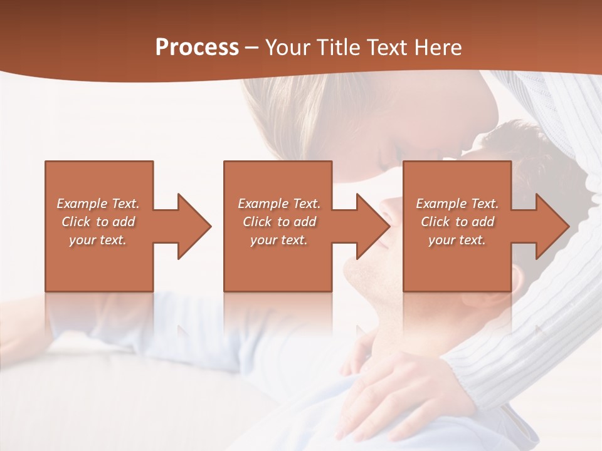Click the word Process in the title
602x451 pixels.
[197, 47]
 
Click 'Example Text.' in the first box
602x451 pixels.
[98, 204]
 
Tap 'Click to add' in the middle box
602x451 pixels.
[279, 222]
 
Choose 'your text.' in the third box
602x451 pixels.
[457, 240]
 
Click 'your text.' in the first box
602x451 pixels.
[98, 240]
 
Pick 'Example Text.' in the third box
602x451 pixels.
[457, 204]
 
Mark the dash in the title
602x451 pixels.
[252, 48]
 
